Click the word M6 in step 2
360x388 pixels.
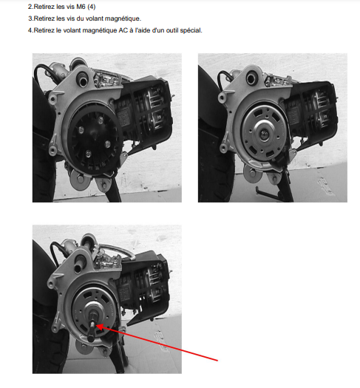point(81,7)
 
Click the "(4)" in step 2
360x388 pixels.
point(92,7)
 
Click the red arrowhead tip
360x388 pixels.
point(96,325)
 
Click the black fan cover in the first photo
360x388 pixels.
point(95,139)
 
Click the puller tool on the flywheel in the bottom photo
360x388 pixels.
point(92,323)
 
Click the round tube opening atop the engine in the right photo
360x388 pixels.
point(251,78)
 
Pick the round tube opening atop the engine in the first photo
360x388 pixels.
point(82,79)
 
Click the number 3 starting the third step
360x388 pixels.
point(30,18)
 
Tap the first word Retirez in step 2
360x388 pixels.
point(44,7)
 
